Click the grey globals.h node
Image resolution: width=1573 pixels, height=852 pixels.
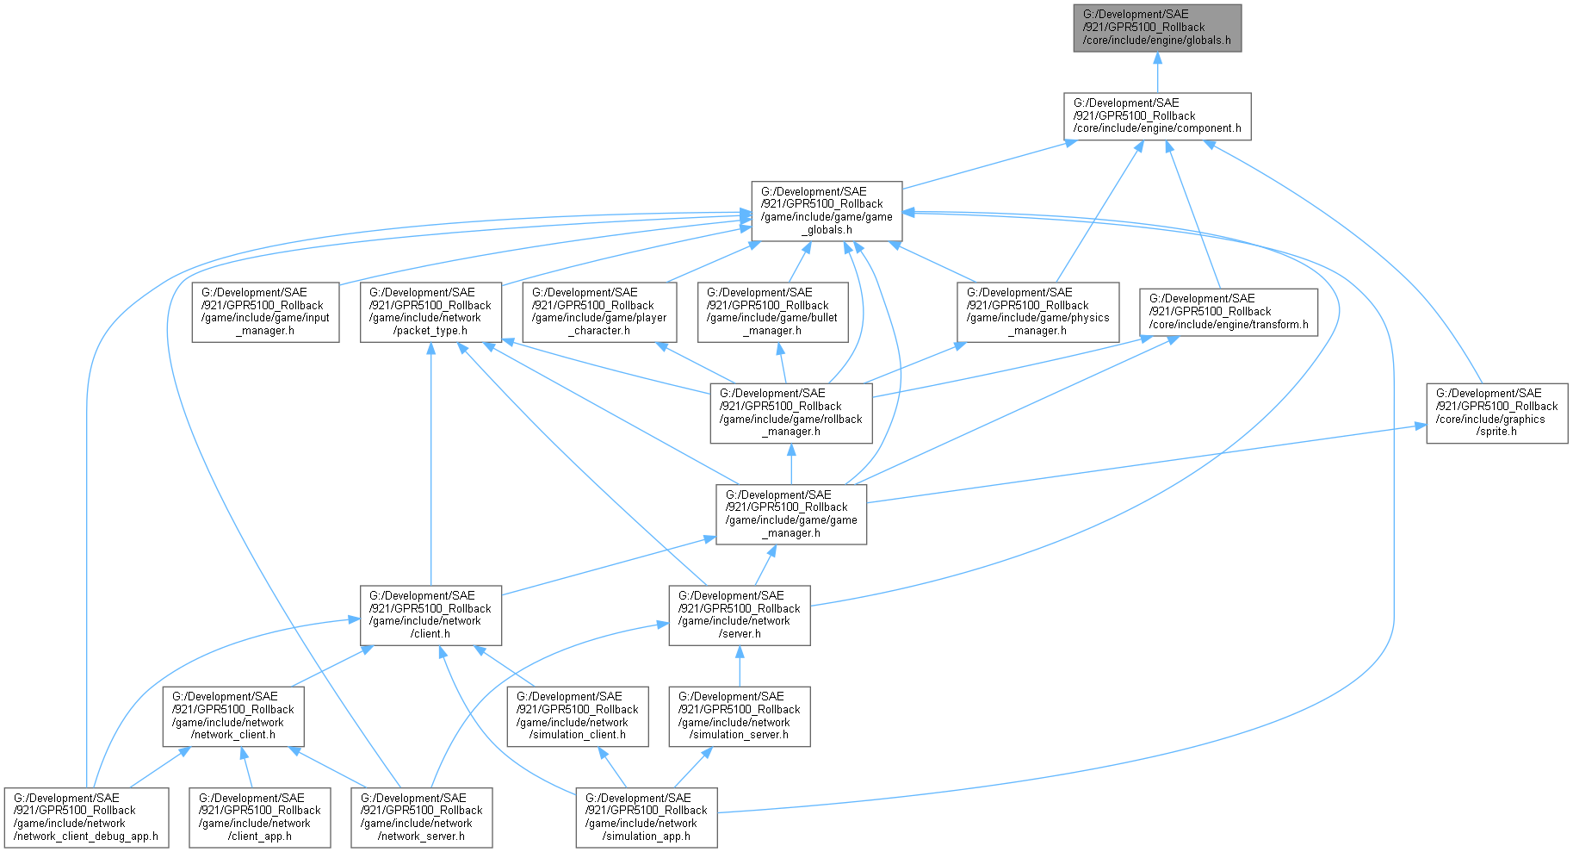click(x=1156, y=28)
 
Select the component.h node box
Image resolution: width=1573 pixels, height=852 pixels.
click(x=1156, y=116)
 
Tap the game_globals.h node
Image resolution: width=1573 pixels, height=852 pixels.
click(x=827, y=211)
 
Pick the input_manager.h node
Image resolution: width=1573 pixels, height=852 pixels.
click(x=265, y=312)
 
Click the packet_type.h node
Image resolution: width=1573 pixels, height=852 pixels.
click(x=430, y=312)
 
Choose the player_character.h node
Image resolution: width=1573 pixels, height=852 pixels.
click(x=599, y=312)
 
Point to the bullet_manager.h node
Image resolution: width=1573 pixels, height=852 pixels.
click(x=772, y=312)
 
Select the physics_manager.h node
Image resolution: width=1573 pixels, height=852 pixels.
click(x=1037, y=312)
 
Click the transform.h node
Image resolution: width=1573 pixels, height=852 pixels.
click(x=1229, y=312)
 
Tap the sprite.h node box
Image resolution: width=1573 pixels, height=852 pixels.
click(x=1496, y=413)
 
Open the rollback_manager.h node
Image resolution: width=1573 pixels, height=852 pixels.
click(x=790, y=413)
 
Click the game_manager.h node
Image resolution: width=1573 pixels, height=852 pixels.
click(x=791, y=514)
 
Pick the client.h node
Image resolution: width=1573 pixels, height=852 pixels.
click(x=430, y=615)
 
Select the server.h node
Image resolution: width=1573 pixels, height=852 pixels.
click(x=739, y=615)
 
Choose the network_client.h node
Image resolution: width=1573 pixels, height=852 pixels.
click(x=232, y=716)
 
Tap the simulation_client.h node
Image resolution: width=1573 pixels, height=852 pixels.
click(x=577, y=716)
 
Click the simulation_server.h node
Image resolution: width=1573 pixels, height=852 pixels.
click(x=739, y=716)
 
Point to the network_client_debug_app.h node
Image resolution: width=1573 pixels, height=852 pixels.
click(x=85, y=818)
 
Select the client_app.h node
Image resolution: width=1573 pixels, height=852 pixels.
click(x=259, y=818)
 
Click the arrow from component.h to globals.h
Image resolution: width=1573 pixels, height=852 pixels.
click(x=1157, y=73)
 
